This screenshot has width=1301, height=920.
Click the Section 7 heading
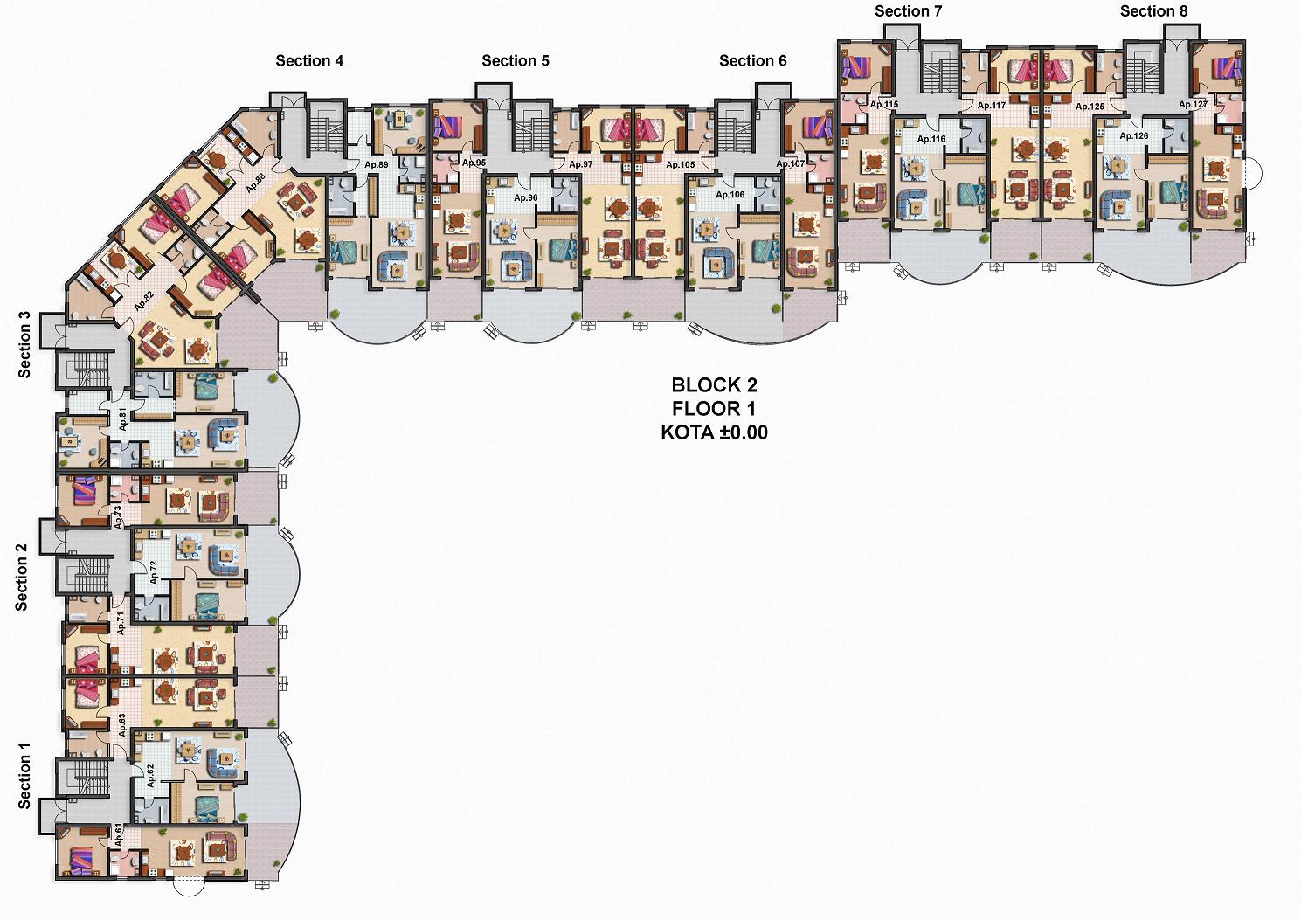coord(909,11)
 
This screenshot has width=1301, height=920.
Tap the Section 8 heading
coord(1153,11)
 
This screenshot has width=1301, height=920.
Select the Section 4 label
coord(309,60)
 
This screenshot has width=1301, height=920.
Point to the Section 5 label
coord(516,60)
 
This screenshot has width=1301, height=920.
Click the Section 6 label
coord(752,60)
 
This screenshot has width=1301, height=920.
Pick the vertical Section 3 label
coord(24,345)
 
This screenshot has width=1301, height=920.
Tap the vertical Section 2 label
coord(22,578)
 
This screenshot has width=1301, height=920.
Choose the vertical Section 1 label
coord(24,775)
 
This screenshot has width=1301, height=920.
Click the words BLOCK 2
coord(715,384)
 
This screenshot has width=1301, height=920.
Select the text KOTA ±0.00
coord(715,432)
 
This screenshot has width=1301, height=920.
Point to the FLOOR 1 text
coord(715,408)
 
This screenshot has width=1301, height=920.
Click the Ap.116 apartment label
coord(931,139)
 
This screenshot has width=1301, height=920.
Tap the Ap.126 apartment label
coord(1134,136)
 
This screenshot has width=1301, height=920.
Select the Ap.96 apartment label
coord(526,197)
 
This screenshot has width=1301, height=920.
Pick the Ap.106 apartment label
coord(730,195)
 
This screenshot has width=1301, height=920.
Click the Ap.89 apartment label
coord(377,164)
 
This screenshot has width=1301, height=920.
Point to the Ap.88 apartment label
coord(255,183)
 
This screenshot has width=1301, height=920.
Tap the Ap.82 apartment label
coord(144,301)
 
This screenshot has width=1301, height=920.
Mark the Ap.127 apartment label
coord(1193,105)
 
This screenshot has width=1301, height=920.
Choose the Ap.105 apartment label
coord(680,164)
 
